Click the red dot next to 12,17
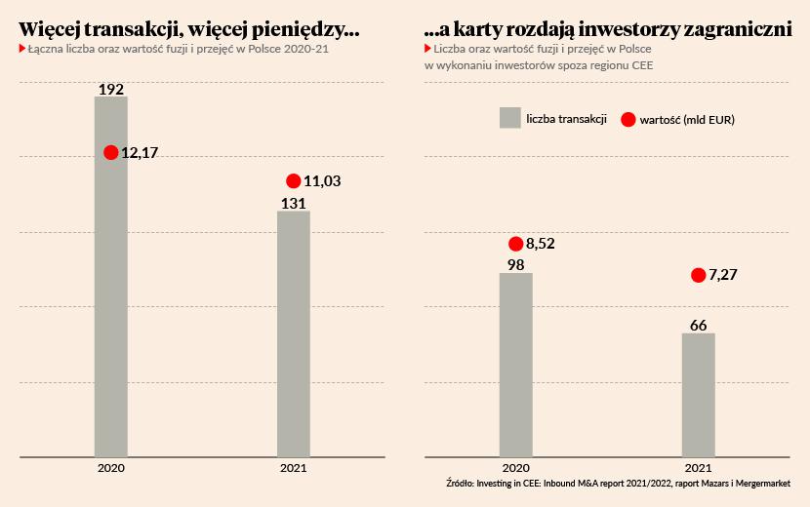click(x=111, y=152)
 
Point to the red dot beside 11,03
click(x=294, y=180)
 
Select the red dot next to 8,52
click(x=516, y=244)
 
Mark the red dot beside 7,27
click(x=698, y=275)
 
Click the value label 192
click(x=111, y=90)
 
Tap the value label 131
click(x=294, y=203)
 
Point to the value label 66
click(x=698, y=325)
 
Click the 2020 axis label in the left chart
click(x=110, y=468)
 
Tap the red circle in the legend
click(x=628, y=119)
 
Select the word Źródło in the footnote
click(x=459, y=483)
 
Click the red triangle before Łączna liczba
click(x=22, y=48)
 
